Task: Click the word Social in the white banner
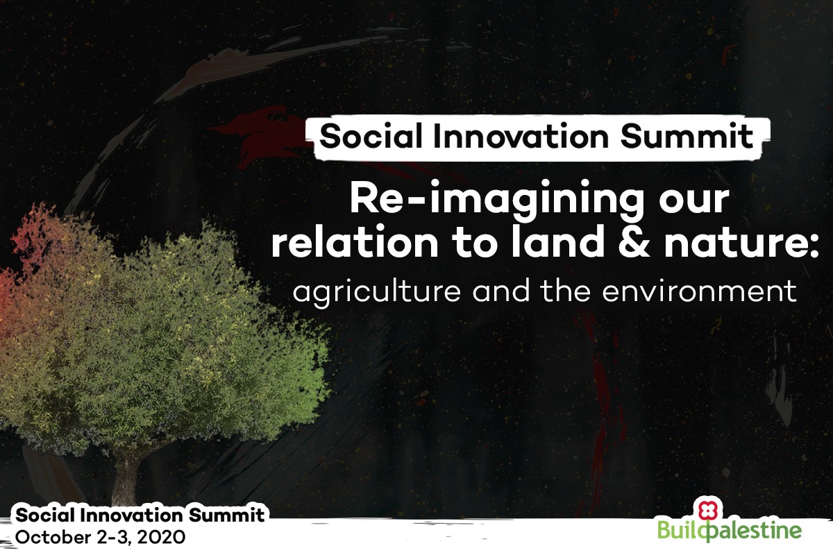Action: [371, 136]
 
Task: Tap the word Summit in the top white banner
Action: [687, 136]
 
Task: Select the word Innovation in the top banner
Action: [521, 136]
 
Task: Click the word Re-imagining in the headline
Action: [497, 200]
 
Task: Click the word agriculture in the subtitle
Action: [377, 293]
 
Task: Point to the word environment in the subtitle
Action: [699, 293]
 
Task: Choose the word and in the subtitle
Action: [501, 291]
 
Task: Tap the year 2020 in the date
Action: [161, 538]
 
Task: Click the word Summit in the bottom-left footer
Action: [226, 515]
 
